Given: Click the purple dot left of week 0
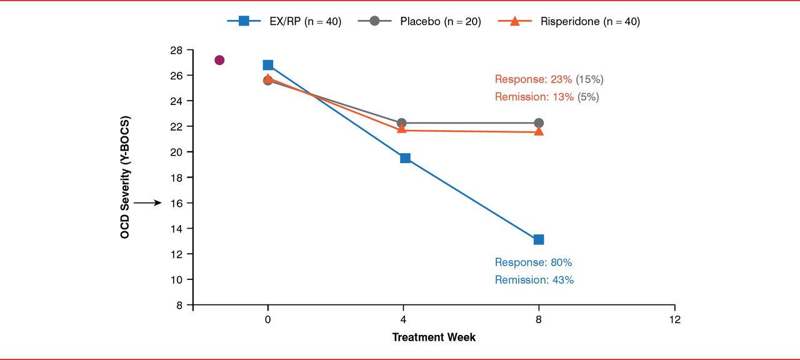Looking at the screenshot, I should click(x=219, y=60).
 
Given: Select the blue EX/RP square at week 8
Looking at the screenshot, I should click(x=539, y=239).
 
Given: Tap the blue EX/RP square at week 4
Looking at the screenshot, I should click(x=405, y=158).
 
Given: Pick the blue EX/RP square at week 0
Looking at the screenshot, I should click(x=268, y=65).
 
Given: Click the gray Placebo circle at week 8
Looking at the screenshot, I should click(x=539, y=123).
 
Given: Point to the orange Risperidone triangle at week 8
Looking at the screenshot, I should click(x=539, y=131).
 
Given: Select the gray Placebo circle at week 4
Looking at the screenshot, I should click(x=402, y=123).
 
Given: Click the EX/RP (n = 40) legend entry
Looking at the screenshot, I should click(x=284, y=21).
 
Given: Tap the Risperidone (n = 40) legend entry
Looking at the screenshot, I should click(x=569, y=21).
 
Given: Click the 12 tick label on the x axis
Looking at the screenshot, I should click(x=674, y=320).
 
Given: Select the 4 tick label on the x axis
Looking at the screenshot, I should click(x=403, y=320).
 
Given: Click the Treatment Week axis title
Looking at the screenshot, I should click(x=434, y=337).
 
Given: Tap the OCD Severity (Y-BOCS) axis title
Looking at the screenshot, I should click(x=125, y=177).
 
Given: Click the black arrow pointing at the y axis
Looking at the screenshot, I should click(x=147, y=203).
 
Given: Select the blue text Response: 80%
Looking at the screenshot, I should click(x=533, y=262).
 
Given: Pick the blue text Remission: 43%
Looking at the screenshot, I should click(x=534, y=280).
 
